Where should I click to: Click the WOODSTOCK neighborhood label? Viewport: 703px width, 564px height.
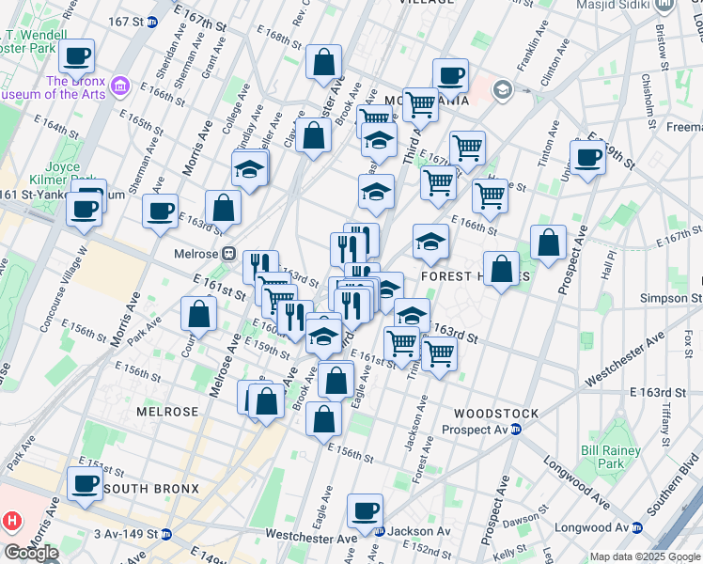(495, 414)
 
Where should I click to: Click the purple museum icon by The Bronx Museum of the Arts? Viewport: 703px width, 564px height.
(119, 87)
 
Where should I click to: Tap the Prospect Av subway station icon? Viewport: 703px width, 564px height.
(515, 430)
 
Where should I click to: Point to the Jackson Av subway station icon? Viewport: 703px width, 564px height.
(379, 531)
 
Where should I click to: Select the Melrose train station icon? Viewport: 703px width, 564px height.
(228, 255)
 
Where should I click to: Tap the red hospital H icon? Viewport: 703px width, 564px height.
(10, 519)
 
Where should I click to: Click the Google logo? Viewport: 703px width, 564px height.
(31, 553)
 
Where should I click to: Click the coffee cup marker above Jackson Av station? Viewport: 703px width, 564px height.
(366, 511)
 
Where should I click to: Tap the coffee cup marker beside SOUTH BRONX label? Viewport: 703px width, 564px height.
(85, 484)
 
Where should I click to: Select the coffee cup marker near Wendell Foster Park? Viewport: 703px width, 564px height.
(77, 56)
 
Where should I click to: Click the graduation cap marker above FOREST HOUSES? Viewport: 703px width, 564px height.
(430, 243)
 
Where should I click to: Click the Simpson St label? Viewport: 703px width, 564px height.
(675, 298)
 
